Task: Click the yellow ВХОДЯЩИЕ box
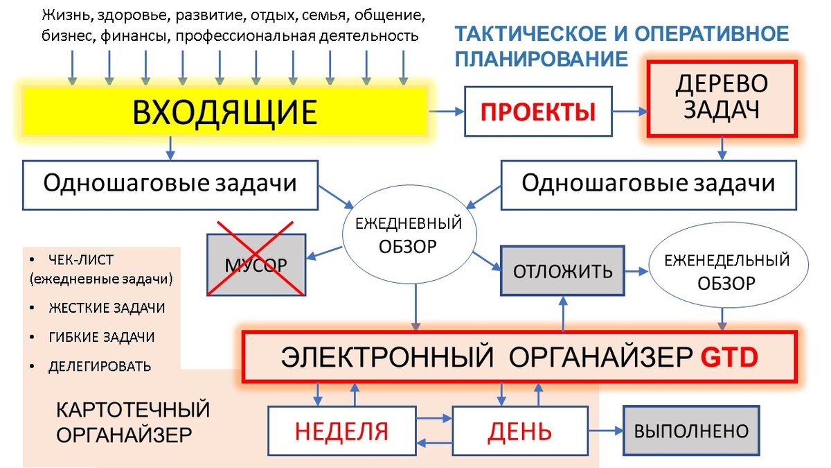point(225,112)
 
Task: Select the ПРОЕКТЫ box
point(538,112)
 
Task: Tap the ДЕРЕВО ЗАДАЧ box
point(722,98)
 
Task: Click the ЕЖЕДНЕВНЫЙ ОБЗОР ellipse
point(409,235)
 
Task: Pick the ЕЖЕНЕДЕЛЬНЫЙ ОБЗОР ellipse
point(726,272)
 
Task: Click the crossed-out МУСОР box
point(256,265)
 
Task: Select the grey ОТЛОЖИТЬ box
point(562,271)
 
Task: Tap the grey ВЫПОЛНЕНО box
point(691,431)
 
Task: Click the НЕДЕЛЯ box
point(341,431)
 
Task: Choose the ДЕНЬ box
point(519,431)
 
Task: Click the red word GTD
point(729,356)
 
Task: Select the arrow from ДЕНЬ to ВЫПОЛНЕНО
point(605,431)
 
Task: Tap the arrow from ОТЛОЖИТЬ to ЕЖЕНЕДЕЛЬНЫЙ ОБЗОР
point(635,271)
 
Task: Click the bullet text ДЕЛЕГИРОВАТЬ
point(99,366)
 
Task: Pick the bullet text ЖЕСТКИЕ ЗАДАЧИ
point(107,307)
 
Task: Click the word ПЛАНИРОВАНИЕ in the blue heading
point(541,58)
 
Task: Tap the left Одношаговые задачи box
point(170,184)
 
